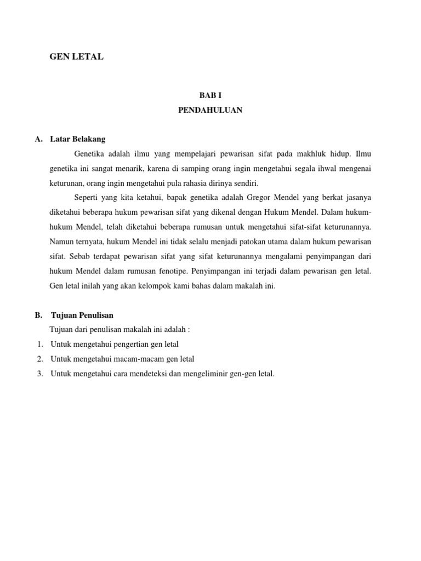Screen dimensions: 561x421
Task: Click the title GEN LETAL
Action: [76, 56]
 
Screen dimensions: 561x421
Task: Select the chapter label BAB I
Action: [210, 95]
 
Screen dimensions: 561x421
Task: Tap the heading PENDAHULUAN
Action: [210, 110]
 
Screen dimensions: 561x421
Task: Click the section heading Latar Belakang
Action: [77, 139]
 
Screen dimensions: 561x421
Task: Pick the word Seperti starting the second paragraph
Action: [87, 197]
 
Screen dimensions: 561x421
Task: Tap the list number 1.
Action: [40, 344]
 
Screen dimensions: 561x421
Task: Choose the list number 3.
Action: [40, 374]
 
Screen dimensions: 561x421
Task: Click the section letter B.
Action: [38, 315]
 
